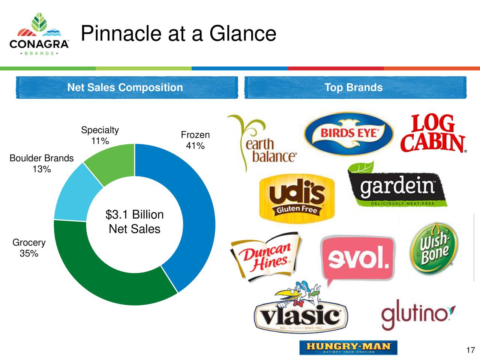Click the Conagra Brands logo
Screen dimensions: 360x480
(x=39, y=34)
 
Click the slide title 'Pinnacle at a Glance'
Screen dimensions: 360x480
(x=178, y=33)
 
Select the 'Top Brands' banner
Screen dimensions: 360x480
(x=354, y=87)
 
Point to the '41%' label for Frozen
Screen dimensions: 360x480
(x=195, y=146)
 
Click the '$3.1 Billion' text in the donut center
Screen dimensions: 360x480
(x=135, y=214)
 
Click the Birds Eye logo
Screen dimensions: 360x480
(x=349, y=133)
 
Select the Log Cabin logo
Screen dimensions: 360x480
(x=433, y=134)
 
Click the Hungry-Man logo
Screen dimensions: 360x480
(x=348, y=347)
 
